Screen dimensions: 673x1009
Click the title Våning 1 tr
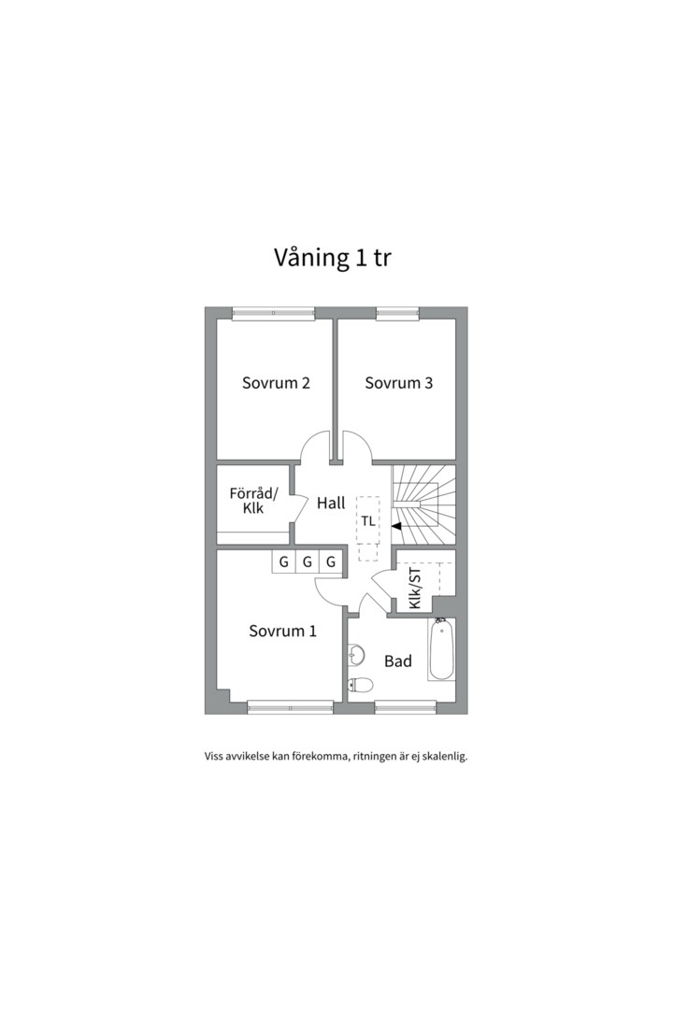(333, 258)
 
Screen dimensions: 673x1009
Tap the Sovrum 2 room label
(276, 383)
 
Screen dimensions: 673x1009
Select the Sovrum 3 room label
(398, 383)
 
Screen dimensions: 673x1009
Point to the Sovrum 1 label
(282, 631)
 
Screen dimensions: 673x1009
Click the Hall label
(331, 503)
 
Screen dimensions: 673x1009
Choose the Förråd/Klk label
(253, 501)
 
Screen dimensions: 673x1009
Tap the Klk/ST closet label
(415, 589)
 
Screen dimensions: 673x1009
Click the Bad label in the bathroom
(398, 661)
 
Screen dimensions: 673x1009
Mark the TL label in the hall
(367, 521)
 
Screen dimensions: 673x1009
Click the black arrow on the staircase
(397, 526)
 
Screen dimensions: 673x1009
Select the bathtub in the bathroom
(441, 649)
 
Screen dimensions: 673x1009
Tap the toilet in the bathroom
(359, 685)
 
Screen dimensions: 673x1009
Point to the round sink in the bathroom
(355, 656)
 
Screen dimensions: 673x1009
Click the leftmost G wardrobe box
(283, 561)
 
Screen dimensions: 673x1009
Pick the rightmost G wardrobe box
(331, 561)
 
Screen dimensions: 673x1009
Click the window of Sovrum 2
(274, 313)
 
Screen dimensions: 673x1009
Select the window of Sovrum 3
(397, 313)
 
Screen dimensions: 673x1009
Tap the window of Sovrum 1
(290, 708)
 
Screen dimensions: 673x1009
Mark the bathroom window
(406, 708)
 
